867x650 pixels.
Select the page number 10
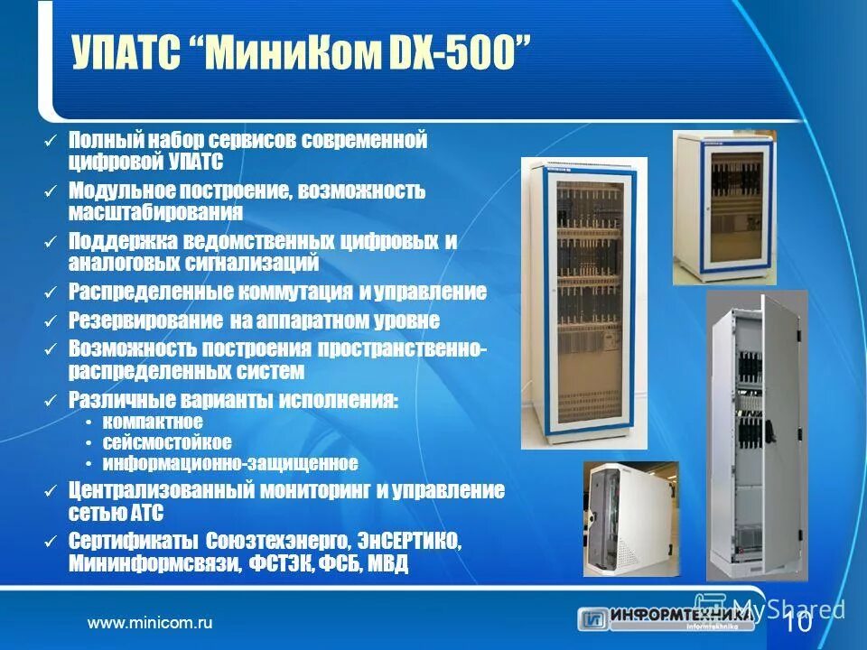[x=798, y=624]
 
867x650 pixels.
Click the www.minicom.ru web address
[x=149, y=623]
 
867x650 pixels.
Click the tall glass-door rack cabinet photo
[x=584, y=303]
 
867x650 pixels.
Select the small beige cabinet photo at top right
[x=725, y=207]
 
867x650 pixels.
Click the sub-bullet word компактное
[x=153, y=422]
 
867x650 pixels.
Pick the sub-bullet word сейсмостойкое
[x=167, y=442]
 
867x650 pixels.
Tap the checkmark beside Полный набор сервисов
[x=51, y=142]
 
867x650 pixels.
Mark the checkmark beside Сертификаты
[x=51, y=542]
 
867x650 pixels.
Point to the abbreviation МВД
[x=388, y=565]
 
